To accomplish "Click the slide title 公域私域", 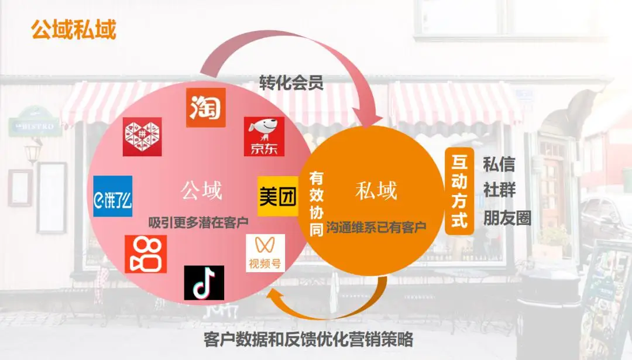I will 74,29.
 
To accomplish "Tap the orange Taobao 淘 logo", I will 205,108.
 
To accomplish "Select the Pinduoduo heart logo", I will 142,136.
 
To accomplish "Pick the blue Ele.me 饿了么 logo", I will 113,196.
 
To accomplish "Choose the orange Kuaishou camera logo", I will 146,254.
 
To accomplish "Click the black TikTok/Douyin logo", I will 204,283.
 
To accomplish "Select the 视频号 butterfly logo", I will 265,253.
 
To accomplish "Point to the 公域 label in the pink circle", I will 201,190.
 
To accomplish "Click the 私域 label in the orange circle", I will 376,190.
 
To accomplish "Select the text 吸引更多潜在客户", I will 199,222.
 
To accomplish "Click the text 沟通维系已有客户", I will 376,227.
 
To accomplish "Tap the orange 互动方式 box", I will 459,191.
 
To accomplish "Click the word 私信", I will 499,164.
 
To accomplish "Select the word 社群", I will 499,191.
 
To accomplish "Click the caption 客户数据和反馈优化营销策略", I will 308,339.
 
